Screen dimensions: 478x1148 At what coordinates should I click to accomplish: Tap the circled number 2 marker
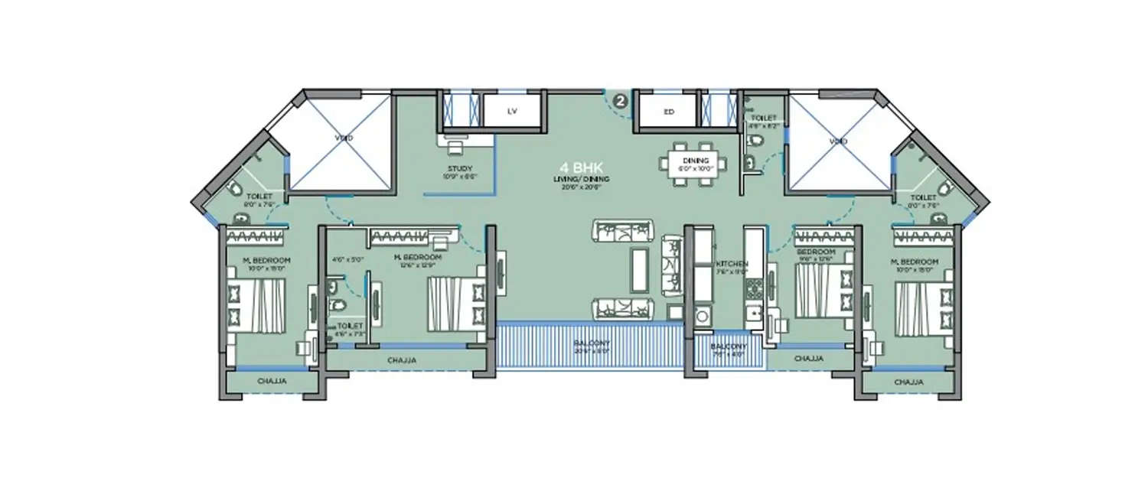click(x=621, y=99)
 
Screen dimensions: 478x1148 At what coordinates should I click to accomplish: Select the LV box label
click(x=512, y=112)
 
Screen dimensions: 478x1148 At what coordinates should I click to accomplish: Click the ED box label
click(x=667, y=112)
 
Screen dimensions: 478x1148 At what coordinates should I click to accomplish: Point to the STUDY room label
click(x=460, y=169)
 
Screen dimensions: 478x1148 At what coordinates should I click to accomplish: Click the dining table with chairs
click(x=696, y=164)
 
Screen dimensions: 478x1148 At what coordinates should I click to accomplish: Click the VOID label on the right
click(x=839, y=141)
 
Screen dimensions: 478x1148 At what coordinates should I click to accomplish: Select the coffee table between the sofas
click(x=638, y=269)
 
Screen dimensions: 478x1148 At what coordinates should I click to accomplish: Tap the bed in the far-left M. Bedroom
click(x=258, y=304)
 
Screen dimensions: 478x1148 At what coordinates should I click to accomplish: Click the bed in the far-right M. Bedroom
click(x=924, y=307)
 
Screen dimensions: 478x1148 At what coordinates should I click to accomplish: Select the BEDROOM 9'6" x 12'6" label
click(x=815, y=255)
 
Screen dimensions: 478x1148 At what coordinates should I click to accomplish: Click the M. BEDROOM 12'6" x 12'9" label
click(x=417, y=261)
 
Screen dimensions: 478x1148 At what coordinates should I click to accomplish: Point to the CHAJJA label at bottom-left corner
click(x=266, y=380)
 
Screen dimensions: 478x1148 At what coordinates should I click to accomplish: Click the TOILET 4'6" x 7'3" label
click(x=348, y=329)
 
